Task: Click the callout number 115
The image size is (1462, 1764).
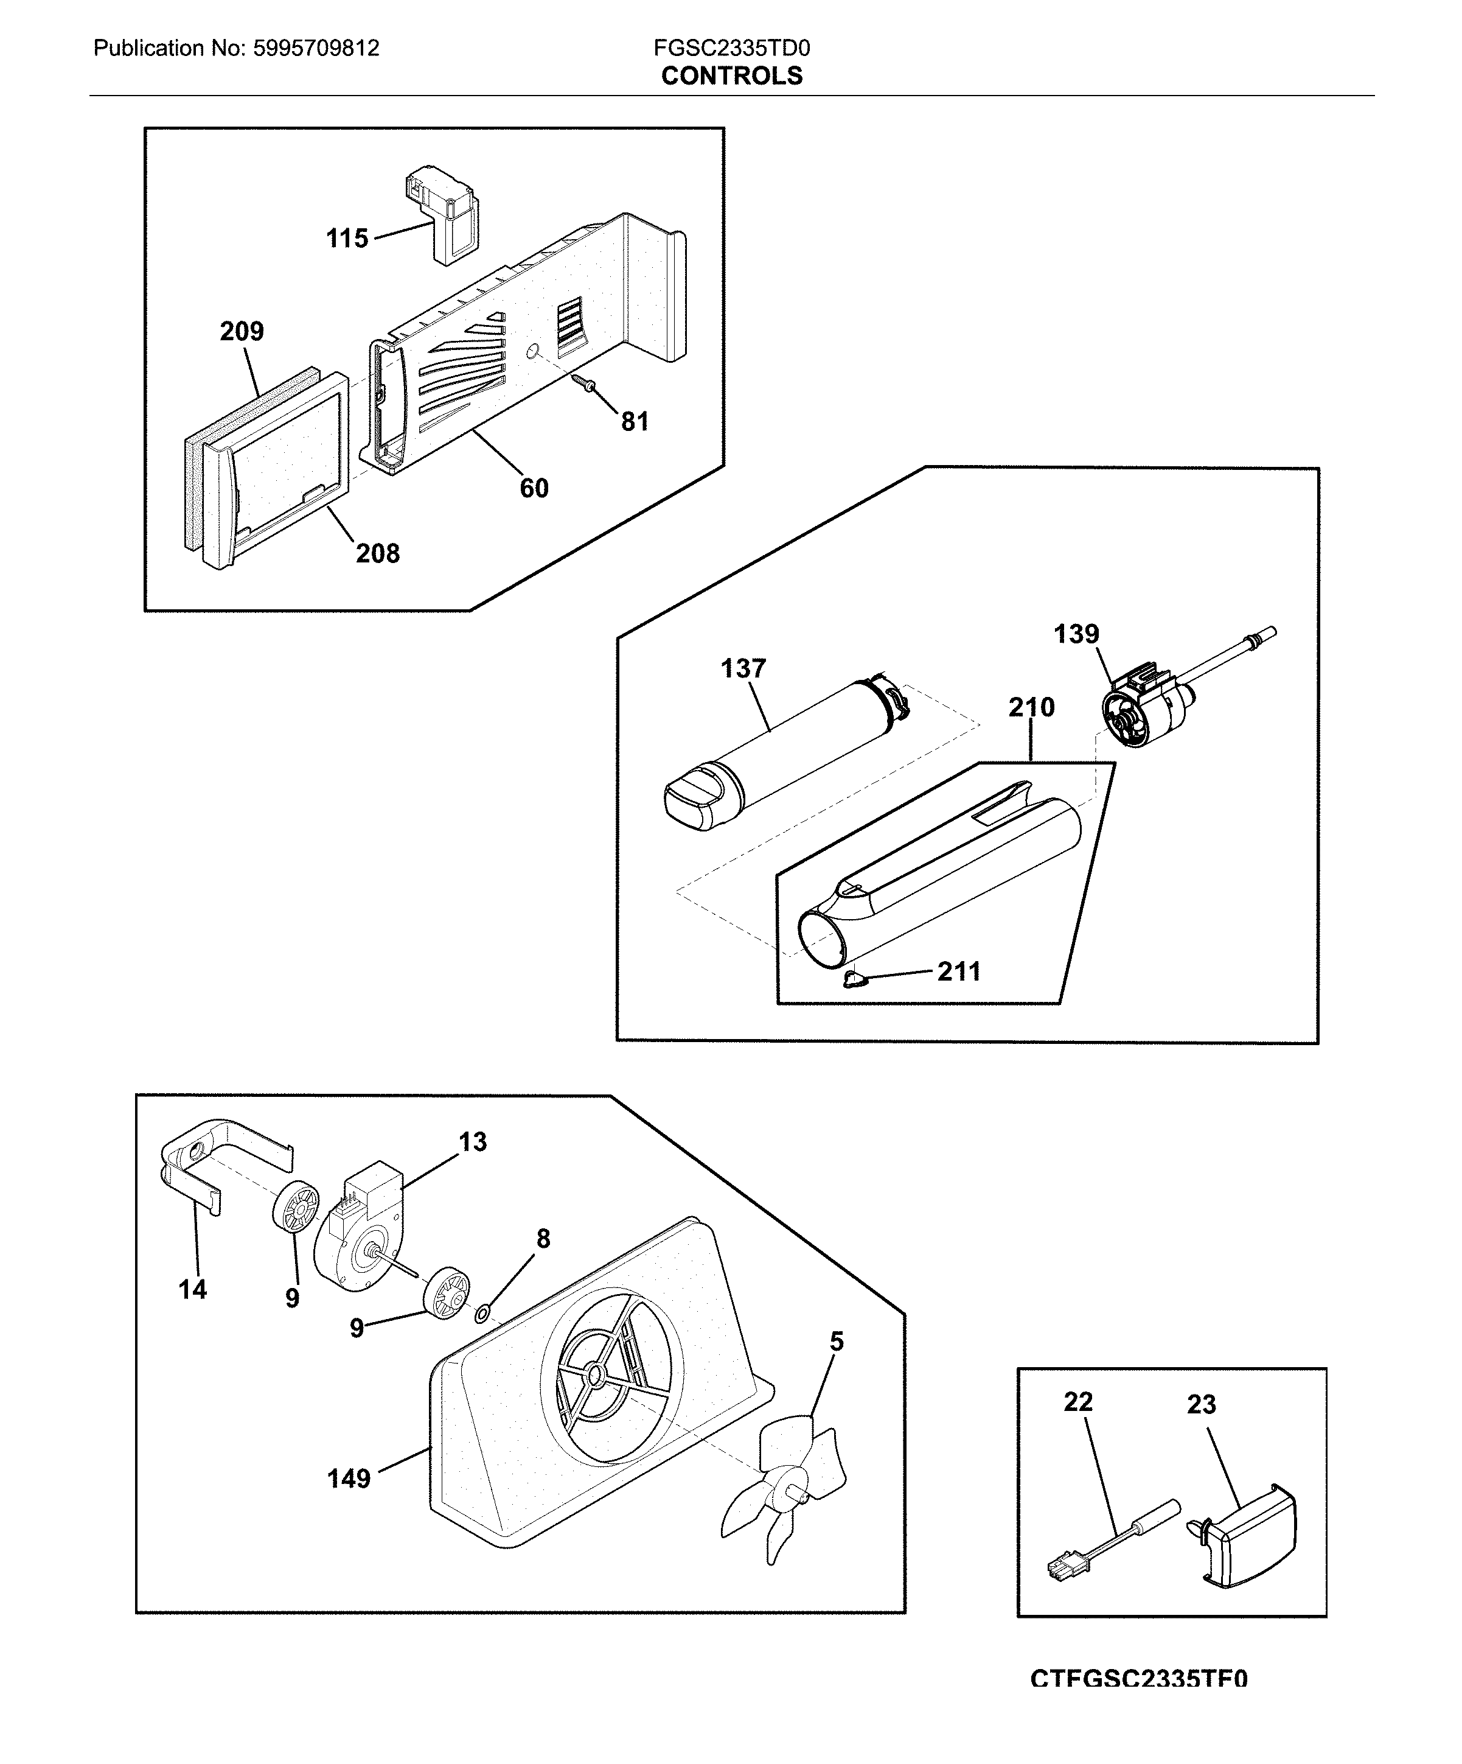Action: (x=347, y=239)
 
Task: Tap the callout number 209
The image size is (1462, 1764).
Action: (x=242, y=331)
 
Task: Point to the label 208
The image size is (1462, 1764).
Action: (x=377, y=553)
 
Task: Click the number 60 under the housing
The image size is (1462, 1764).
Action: (x=534, y=488)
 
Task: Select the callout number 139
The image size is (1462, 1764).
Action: (x=1076, y=634)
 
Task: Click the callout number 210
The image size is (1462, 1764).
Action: (x=1031, y=707)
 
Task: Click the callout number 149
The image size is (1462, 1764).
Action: (x=349, y=1479)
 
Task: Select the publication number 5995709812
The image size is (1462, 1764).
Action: (x=316, y=48)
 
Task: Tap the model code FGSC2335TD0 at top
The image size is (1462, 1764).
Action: (x=731, y=48)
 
